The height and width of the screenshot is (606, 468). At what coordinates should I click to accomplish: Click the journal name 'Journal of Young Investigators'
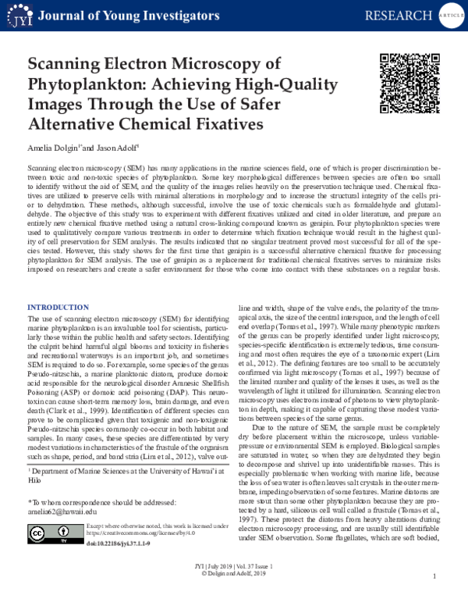(x=121, y=16)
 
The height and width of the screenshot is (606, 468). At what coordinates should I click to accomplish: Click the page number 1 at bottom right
(x=434, y=598)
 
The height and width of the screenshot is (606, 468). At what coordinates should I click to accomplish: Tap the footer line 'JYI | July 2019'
(x=234, y=586)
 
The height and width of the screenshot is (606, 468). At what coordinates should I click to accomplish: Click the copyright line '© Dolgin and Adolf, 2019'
(x=234, y=594)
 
